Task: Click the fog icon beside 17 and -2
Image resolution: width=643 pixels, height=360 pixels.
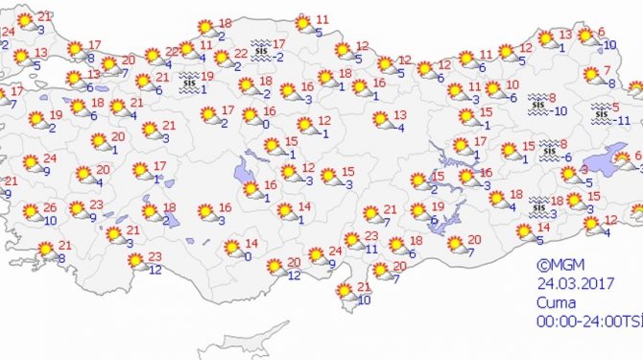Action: [x=259, y=48]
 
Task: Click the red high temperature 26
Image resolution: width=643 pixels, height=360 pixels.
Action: [x=50, y=207]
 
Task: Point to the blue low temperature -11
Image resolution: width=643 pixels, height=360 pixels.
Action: [x=623, y=121]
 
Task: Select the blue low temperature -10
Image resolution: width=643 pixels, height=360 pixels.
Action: [x=561, y=109]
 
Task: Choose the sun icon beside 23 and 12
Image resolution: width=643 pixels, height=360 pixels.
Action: [x=136, y=259]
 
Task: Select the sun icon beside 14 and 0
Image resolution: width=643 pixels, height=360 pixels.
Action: [x=232, y=249]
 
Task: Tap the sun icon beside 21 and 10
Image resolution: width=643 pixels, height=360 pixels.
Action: [x=343, y=292]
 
